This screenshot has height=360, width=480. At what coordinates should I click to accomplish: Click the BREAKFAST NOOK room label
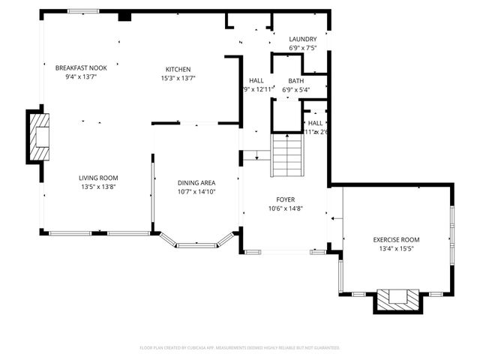(x=81, y=68)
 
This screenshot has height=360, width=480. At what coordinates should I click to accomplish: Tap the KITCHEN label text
(x=178, y=69)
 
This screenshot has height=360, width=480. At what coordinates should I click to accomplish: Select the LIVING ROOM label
(x=99, y=178)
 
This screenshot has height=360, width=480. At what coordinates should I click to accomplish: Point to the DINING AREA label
(x=196, y=183)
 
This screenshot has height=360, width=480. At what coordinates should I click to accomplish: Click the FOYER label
(x=285, y=199)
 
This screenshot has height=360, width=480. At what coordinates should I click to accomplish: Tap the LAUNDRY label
(x=303, y=39)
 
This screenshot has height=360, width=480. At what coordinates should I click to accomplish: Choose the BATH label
(x=295, y=81)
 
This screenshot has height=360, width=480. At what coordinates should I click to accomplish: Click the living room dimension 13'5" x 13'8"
(x=99, y=187)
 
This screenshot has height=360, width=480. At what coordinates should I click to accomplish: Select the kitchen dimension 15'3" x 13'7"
(x=178, y=77)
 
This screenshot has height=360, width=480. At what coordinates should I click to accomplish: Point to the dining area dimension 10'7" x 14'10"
(x=196, y=192)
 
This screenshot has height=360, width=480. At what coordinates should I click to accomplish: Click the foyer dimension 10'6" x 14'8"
(x=285, y=208)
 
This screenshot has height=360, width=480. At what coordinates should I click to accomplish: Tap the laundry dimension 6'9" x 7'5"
(x=303, y=48)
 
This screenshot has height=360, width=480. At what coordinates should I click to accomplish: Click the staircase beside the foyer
(x=286, y=154)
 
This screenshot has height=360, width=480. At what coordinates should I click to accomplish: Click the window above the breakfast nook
(x=82, y=11)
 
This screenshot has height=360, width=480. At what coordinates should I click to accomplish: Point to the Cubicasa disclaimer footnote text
(x=240, y=348)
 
